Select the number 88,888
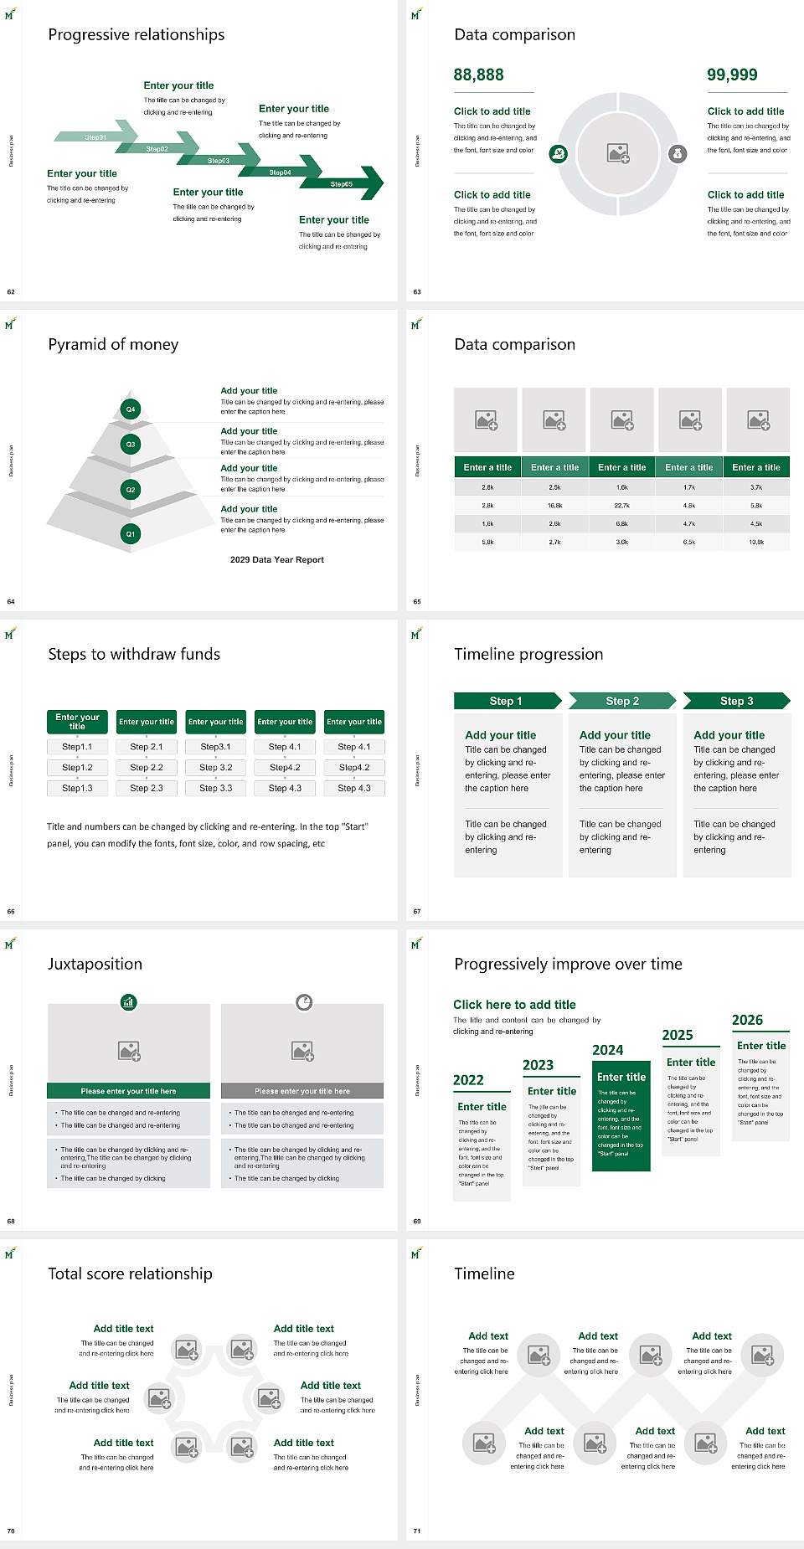479,75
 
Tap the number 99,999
732,75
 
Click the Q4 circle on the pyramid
131,409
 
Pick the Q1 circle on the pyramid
131,533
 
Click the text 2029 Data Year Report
277,560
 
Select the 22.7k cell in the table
621,506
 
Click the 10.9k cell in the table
756,542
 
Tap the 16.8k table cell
554,506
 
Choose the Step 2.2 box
147,767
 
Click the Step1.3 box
77,788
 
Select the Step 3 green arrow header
736,701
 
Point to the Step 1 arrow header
507,701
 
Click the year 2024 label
608,1050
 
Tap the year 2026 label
747,1020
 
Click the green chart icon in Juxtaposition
129,1001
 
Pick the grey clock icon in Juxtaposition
304,1001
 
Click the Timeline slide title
484,1274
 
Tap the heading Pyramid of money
113,344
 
